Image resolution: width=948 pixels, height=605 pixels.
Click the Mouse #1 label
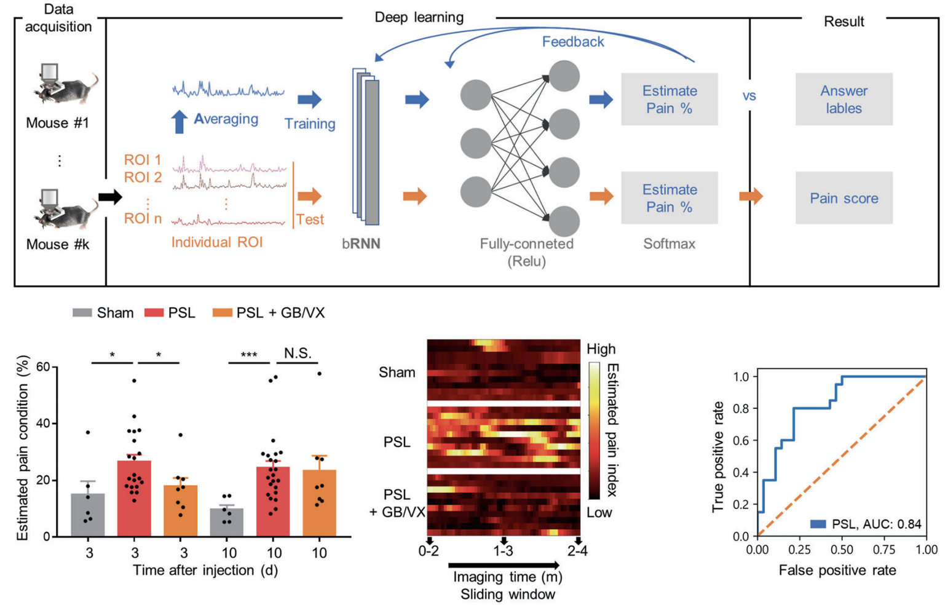[57, 123]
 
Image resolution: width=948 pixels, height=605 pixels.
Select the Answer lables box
[843, 100]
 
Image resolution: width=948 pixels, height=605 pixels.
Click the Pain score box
[843, 198]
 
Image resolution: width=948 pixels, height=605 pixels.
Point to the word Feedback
[573, 42]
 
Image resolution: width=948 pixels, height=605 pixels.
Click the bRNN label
[361, 243]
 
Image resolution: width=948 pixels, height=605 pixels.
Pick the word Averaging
[226, 119]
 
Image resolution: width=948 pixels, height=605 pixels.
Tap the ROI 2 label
[143, 178]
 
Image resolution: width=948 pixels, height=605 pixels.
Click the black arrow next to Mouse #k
[111, 197]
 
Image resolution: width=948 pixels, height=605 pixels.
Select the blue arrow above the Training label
[310, 100]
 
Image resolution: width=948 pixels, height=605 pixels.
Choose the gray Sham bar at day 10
[227, 522]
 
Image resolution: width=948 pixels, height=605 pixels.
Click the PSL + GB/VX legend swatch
[222, 313]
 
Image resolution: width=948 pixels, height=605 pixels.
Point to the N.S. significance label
[298, 354]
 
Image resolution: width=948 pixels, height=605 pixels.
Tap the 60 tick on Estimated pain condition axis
[42, 368]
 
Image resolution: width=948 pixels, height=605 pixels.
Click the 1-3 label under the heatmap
[503, 552]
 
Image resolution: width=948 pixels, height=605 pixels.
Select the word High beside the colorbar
[601, 349]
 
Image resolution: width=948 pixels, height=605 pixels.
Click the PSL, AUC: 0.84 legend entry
[867, 524]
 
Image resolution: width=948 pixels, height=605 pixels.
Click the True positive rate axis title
[717, 456]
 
